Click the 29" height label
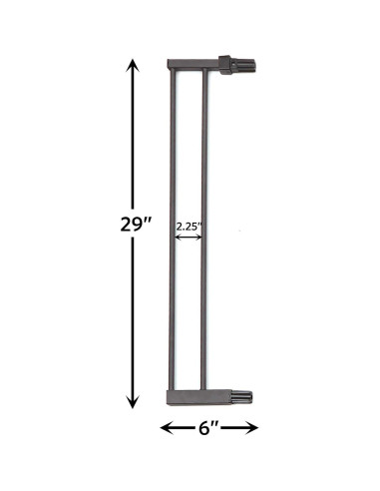[133, 223]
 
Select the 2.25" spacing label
[189, 227]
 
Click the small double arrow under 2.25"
[189, 238]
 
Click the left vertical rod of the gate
[171, 230]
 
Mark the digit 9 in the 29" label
[133, 224]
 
